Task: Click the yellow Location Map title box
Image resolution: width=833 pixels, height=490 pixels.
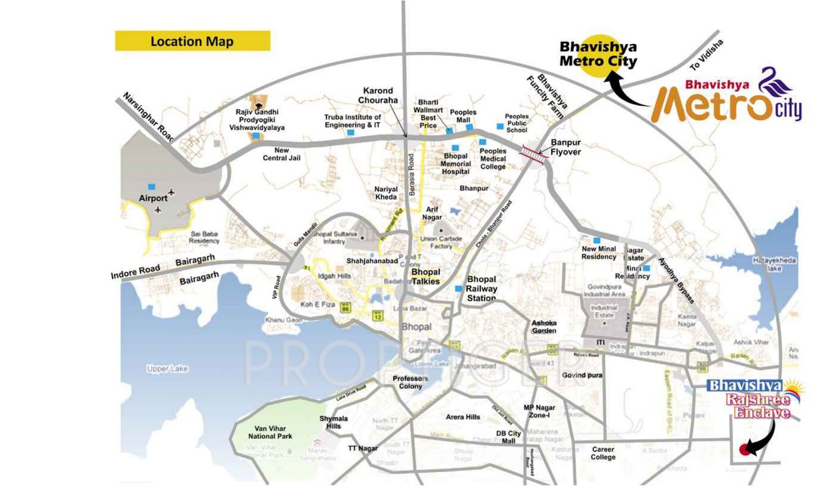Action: point(193,41)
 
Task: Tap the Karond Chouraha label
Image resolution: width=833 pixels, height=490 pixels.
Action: point(378,95)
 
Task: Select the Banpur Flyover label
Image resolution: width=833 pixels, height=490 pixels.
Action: point(566,147)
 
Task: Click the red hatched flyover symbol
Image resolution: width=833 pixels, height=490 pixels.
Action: point(533,153)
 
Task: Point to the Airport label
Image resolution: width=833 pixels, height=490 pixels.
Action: point(153,198)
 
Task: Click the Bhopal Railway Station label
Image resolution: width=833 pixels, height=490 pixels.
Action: point(482,289)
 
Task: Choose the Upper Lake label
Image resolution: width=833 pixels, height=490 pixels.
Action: point(168,368)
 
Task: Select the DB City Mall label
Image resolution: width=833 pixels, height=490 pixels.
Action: point(509,437)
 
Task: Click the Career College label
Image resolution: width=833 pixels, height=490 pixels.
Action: point(603,453)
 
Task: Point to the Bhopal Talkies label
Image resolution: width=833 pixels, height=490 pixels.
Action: point(426,277)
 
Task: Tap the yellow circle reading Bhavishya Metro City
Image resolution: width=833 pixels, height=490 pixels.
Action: point(598,54)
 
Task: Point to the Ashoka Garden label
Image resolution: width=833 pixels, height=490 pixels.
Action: point(544,327)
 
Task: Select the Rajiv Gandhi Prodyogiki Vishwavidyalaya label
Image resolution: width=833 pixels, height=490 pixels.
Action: point(257,119)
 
